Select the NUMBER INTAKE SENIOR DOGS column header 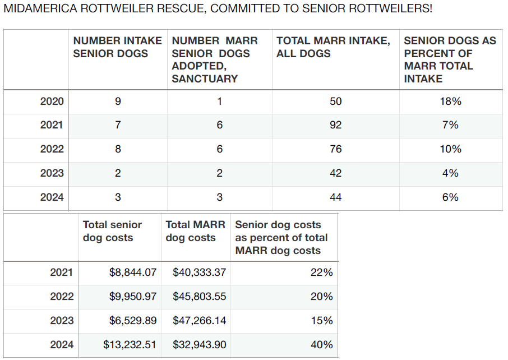pos(117,47)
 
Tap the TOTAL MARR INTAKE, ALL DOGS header pos(333,47)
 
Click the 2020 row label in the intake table pos(52,101)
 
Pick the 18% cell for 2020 pos(450,101)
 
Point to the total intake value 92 pos(335,125)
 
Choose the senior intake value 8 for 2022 pos(118,149)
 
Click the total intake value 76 pos(335,149)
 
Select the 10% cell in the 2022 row pos(450,149)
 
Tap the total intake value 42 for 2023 pos(335,173)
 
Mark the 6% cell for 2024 pos(450,197)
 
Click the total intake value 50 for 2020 pos(335,101)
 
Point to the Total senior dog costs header pos(112,231)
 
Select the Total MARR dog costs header pos(195,231)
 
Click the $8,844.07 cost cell pos(133,273)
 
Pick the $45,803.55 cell pos(199,297)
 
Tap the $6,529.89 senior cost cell pos(133,321)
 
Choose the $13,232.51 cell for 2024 pos(130,345)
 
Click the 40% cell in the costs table pos(321,345)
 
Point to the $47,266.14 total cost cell pos(199,321)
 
